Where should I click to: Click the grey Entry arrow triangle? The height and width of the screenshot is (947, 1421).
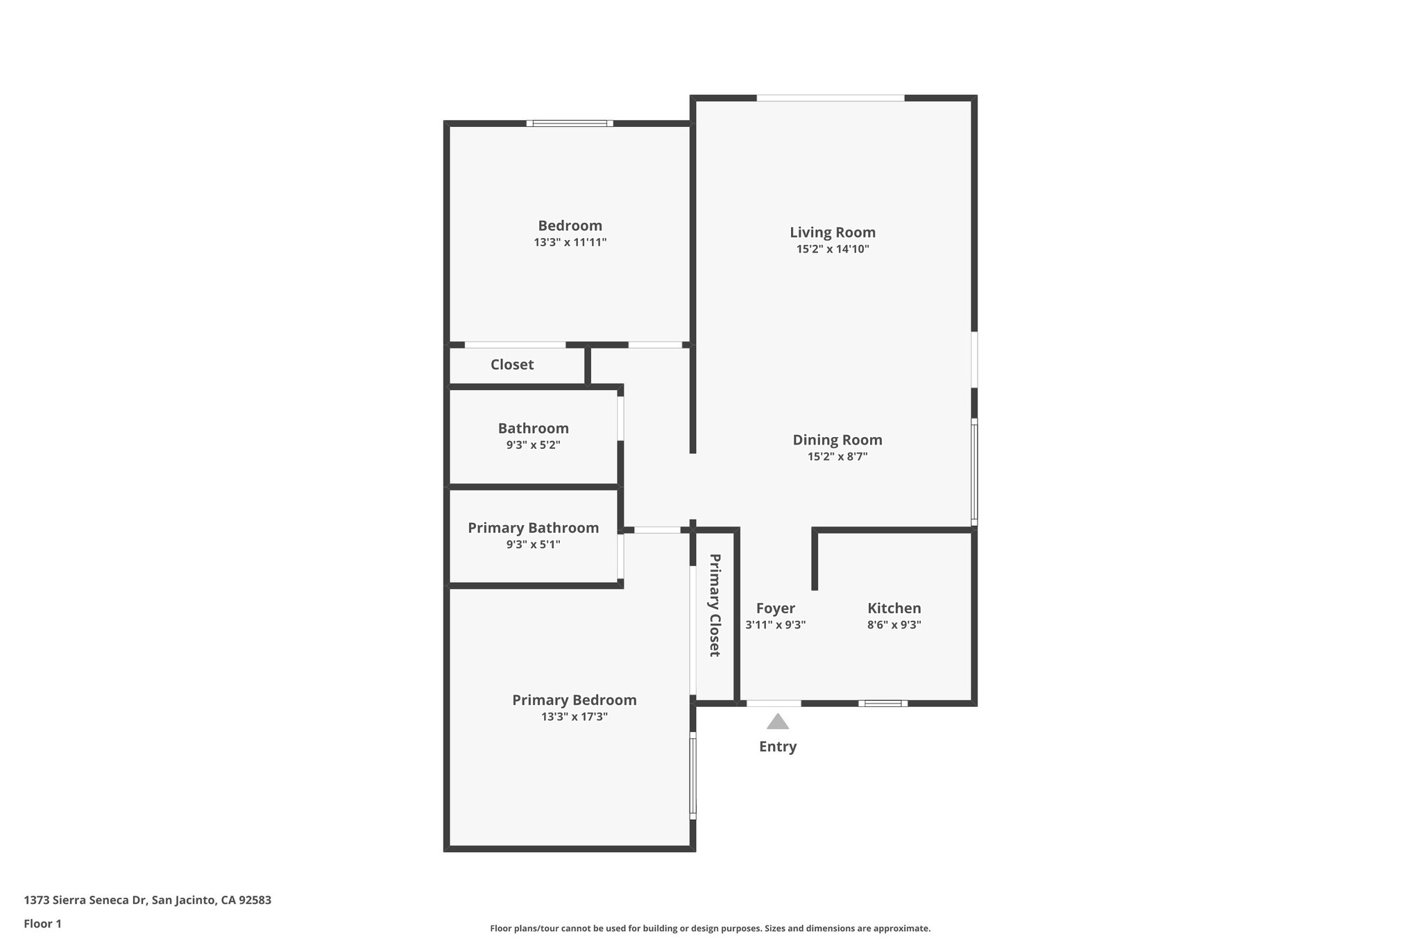pyautogui.click(x=778, y=722)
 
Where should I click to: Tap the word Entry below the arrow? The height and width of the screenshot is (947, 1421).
pyautogui.click(x=778, y=746)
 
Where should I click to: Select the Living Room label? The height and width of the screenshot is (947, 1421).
pyautogui.click(x=833, y=232)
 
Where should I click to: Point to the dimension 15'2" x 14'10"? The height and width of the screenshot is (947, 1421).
pyautogui.click(x=833, y=249)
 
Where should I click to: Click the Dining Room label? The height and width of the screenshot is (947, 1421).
pyautogui.click(x=837, y=440)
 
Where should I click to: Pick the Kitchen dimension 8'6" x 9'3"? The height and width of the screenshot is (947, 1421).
pyautogui.click(x=894, y=624)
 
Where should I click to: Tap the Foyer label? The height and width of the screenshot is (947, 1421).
pyautogui.click(x=775, y=608)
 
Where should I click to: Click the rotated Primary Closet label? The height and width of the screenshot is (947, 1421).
pyautogui.click(x=715, y=605)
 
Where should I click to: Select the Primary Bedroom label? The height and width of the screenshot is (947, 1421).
pyautogui.click(x=575, y=700)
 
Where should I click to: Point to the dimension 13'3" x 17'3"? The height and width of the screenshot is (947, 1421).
pyautogui.click(x=575, y=717)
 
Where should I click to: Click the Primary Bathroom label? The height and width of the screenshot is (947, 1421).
pyautogui.click(x=533, y=528)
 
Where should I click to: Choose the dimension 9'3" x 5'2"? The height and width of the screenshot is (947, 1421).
pyautogui.click(x=533, y=445)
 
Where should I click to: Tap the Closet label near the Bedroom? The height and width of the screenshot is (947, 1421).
pyautogui.click(x=512, y=364)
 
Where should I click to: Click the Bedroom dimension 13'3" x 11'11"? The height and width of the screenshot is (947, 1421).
pyautogui.click(x=570, y=242)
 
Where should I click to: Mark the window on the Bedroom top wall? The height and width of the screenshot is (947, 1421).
pyautogui.click(x=570, y=123)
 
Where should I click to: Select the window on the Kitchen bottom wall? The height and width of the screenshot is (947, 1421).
pyautogui.click(x=883, y=703)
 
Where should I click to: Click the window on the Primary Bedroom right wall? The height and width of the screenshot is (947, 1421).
pyautogui.click(x=692, y=776)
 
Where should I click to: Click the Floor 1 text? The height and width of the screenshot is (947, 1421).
pyautogui.click(x=42, y=923)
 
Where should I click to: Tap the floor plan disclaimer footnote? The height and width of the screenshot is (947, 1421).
pyautogui.click(x=710, y=928)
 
